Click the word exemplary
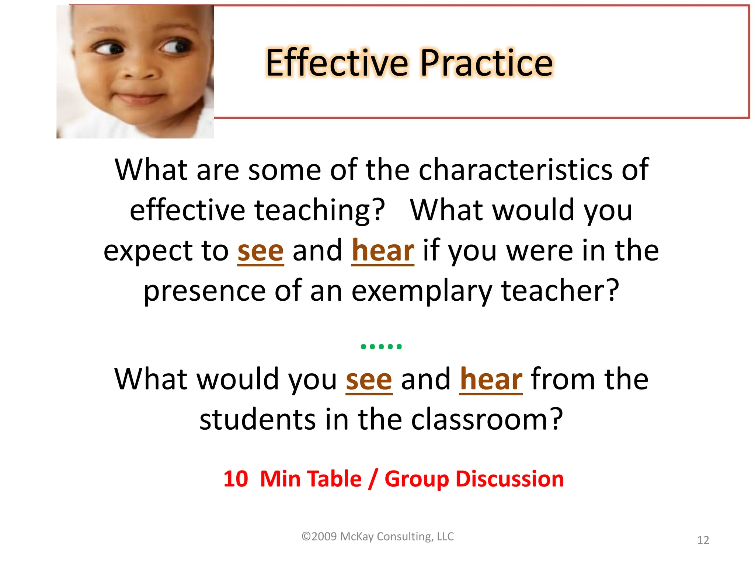coord(422,291)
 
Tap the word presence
coord(205,291)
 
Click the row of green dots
coord(381,346)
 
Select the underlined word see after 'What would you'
coord(369,380)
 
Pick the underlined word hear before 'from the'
coord(491,380)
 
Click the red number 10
coord(236,479)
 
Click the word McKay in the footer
coord(356,537)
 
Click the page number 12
coord(703,540)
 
